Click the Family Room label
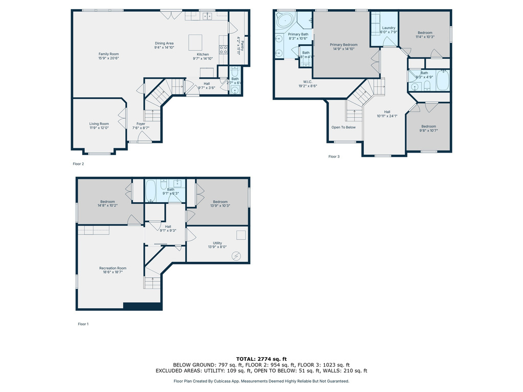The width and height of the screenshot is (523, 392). [x=108, y=54]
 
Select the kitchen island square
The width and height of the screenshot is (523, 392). [x=196, y=41]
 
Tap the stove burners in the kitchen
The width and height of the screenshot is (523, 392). [x=223, y=50]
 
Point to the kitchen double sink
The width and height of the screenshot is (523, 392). [x=207, y=16]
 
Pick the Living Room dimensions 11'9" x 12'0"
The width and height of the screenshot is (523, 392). [x=100, y=128]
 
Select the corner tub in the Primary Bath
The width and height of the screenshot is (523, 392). [x=283, y=21]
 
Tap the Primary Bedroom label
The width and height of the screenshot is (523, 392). [x=343, y=45]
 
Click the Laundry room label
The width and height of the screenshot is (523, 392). [x=389, y=28]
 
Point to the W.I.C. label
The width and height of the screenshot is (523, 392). [x=307, y=81]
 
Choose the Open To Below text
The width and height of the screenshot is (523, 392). [x=343, y=127]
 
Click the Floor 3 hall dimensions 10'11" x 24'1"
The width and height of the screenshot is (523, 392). [x=387, y=116]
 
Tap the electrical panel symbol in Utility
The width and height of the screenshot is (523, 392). [x=236, y=255]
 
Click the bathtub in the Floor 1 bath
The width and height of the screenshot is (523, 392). [x=151, y=191]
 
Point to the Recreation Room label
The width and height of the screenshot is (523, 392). [x=113, y=268]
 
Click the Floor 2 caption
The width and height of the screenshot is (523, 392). [x=78, y=164]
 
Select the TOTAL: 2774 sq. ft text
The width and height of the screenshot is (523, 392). [x=261, y=359]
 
